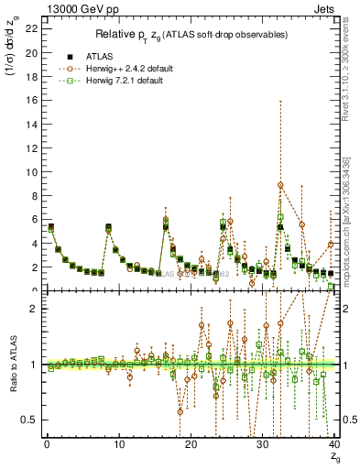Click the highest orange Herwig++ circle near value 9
pyautogui.click(x=280, y=185)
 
